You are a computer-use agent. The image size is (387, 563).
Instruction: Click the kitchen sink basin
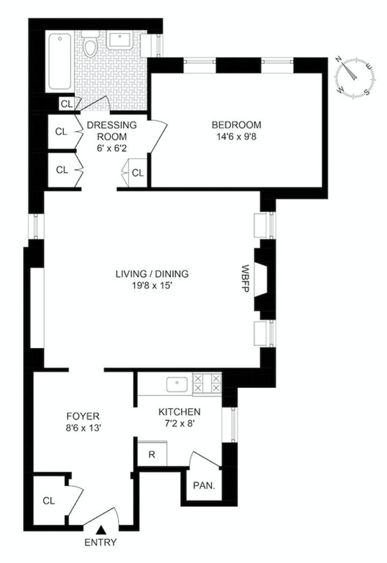[x=177, y=384]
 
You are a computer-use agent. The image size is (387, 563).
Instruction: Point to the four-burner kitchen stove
[x=208, y=383]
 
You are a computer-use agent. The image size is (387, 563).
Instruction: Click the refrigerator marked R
[x=152, y=454]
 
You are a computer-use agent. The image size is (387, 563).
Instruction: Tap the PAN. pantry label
[x=204, y=486]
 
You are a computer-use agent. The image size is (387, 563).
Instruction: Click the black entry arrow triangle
[x=102, y=529]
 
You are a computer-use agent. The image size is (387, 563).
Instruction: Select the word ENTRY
[x=101, y=542]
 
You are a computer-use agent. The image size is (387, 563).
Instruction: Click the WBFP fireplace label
[x=245, y=279]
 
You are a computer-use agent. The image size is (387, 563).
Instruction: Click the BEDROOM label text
[x=237, y=125]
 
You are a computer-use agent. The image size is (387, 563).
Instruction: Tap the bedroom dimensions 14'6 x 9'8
[x=237, y=137]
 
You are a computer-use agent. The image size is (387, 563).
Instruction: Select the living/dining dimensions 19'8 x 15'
[x=152, y=286]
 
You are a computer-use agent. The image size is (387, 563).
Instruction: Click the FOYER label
[x=83, y=416]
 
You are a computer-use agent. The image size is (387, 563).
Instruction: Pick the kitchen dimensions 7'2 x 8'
[x=179, y=424]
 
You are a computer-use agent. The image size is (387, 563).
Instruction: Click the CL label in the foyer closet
[x=49, y=501]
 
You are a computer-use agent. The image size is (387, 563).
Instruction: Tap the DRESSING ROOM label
[x=112, y=131]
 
